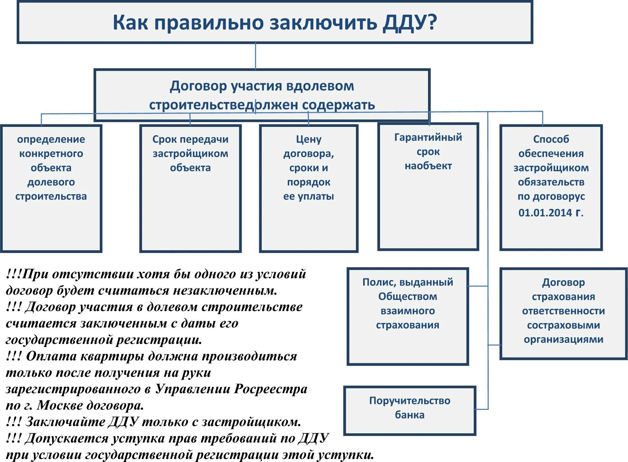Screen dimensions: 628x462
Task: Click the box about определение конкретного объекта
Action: (51, 188)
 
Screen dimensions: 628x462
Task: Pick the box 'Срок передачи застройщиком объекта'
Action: (190, 188)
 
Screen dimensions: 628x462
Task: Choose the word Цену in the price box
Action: (308, 139)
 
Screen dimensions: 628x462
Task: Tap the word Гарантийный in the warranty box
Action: (428, 137)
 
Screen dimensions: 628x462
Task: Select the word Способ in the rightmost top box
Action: (551, 139)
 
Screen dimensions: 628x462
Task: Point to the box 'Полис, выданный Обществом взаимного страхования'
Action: (408, 316)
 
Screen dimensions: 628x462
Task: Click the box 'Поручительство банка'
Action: (410, 410)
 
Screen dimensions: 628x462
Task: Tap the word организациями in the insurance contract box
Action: (563, 339)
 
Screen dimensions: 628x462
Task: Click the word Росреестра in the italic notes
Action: (271, 389)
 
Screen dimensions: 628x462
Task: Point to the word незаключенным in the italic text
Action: (225, 291)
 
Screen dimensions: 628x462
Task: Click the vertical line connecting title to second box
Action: (255, 56)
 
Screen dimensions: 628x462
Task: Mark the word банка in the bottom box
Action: (409, 415)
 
